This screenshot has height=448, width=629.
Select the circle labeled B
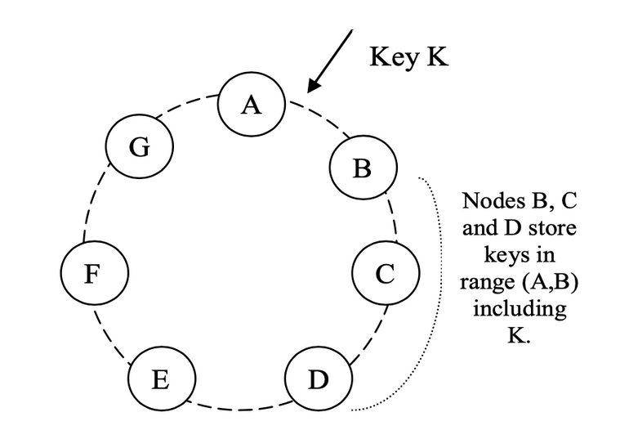362,168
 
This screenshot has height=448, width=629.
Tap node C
385,274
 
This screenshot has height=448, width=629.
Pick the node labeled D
318,380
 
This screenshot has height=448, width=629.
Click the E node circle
162,379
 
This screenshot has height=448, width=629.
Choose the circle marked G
139,148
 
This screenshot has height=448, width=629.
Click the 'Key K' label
408,57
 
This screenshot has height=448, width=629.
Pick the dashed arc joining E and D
239,406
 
